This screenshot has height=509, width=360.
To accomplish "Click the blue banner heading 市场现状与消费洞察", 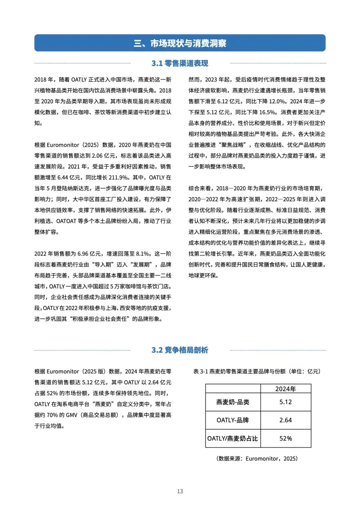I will point(180,43).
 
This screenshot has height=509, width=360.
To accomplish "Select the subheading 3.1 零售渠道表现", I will point(180,63).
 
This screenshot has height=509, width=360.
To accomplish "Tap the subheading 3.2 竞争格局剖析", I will point(180,350).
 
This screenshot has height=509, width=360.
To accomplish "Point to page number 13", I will point(180,491).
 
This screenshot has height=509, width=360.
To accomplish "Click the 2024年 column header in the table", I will point(286,389).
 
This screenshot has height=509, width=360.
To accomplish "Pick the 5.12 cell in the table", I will point(286,402).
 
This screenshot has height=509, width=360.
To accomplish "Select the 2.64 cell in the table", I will point(286,420).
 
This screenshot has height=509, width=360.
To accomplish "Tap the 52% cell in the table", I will point(286,438).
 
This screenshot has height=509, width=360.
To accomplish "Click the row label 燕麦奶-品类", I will point(233,402).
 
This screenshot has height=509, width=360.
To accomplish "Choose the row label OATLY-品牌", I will point(233,420).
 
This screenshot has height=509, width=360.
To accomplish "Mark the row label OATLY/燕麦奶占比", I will point(233,438).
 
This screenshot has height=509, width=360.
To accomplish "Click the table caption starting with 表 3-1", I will point(257,371).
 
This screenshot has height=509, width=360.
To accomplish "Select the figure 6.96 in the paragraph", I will point(83,254).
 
